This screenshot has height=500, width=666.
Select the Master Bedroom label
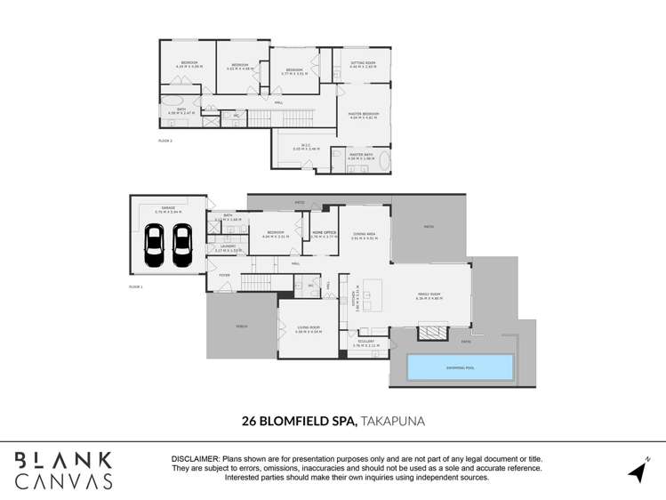click(363, 115)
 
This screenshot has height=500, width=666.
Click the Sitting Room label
click(363, 64)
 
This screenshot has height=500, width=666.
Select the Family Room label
click(430, 295)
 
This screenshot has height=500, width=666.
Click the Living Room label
click(308, 328)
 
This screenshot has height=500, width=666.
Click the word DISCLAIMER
click(195, 459)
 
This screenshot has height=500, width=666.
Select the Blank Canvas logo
click(62, 470)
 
